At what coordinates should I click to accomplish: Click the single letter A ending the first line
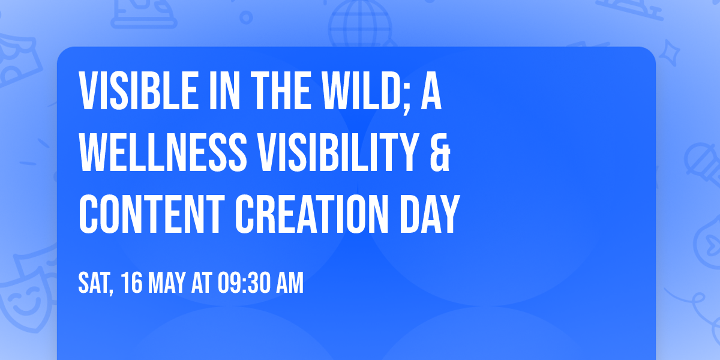coord(431,92)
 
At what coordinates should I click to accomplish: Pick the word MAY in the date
coord(169,284)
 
